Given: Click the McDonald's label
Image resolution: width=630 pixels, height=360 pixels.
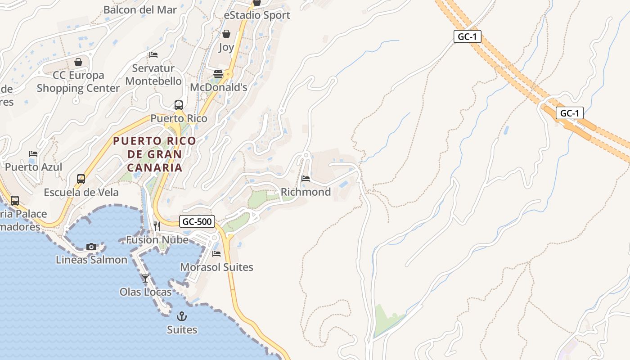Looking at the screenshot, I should (x=219, y=87).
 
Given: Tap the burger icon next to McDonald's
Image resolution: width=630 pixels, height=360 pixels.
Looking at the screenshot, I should (x=218, y=74).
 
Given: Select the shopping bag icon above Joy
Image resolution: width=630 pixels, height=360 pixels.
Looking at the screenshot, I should (x=226, y=34).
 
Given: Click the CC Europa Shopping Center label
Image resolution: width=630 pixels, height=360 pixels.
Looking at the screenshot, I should (x=78, y=82).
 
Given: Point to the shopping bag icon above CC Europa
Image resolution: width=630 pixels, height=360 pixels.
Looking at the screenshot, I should (x=78, y=62).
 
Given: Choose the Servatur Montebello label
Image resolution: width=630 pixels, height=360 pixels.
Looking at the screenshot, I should (x=153, y=75).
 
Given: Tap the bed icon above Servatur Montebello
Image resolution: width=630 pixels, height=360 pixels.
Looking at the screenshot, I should (x=153, y=55).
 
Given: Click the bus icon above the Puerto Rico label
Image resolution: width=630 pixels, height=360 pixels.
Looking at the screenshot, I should (x=179, y=105).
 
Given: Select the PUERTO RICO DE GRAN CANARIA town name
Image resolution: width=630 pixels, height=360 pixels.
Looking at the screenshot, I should (x=155, y=154).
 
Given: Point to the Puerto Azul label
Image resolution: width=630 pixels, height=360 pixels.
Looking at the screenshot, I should (x=34, y=167).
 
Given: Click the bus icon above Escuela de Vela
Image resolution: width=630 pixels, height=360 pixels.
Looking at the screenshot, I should (x=81, y=179).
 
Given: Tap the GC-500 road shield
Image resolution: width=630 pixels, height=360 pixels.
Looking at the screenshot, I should (x=197, y=221).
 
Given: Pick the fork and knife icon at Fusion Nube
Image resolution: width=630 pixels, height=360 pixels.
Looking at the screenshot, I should (x=157, y=226).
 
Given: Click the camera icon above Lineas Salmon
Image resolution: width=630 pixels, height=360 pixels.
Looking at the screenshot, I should (x=91, y=247).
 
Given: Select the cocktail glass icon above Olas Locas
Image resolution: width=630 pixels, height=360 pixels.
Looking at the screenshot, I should (x=145, y=279).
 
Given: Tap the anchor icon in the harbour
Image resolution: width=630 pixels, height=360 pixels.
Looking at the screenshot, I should (x=182, y=316).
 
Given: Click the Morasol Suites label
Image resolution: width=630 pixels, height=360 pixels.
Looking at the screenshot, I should (x=216, y=267).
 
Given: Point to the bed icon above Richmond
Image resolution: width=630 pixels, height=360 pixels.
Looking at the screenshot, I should (x=306, y=179).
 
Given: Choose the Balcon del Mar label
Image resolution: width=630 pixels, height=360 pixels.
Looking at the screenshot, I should (x=140, y=9).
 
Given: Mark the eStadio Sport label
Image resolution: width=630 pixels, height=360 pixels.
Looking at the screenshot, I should (x=257, y=15).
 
